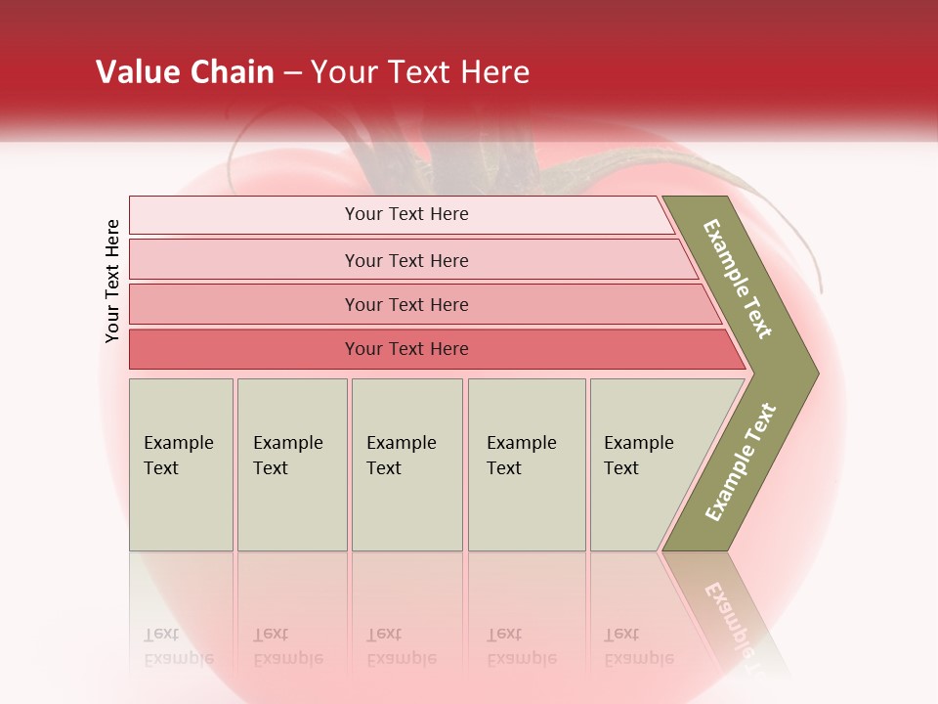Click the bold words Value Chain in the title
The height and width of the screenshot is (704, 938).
click(x=185, y=72)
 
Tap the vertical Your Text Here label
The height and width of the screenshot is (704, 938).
click(x=112, y=281)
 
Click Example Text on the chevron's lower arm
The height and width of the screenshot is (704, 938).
click(x=741, y=462)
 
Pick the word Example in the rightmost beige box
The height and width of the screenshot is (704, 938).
click(x=638, y=443)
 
